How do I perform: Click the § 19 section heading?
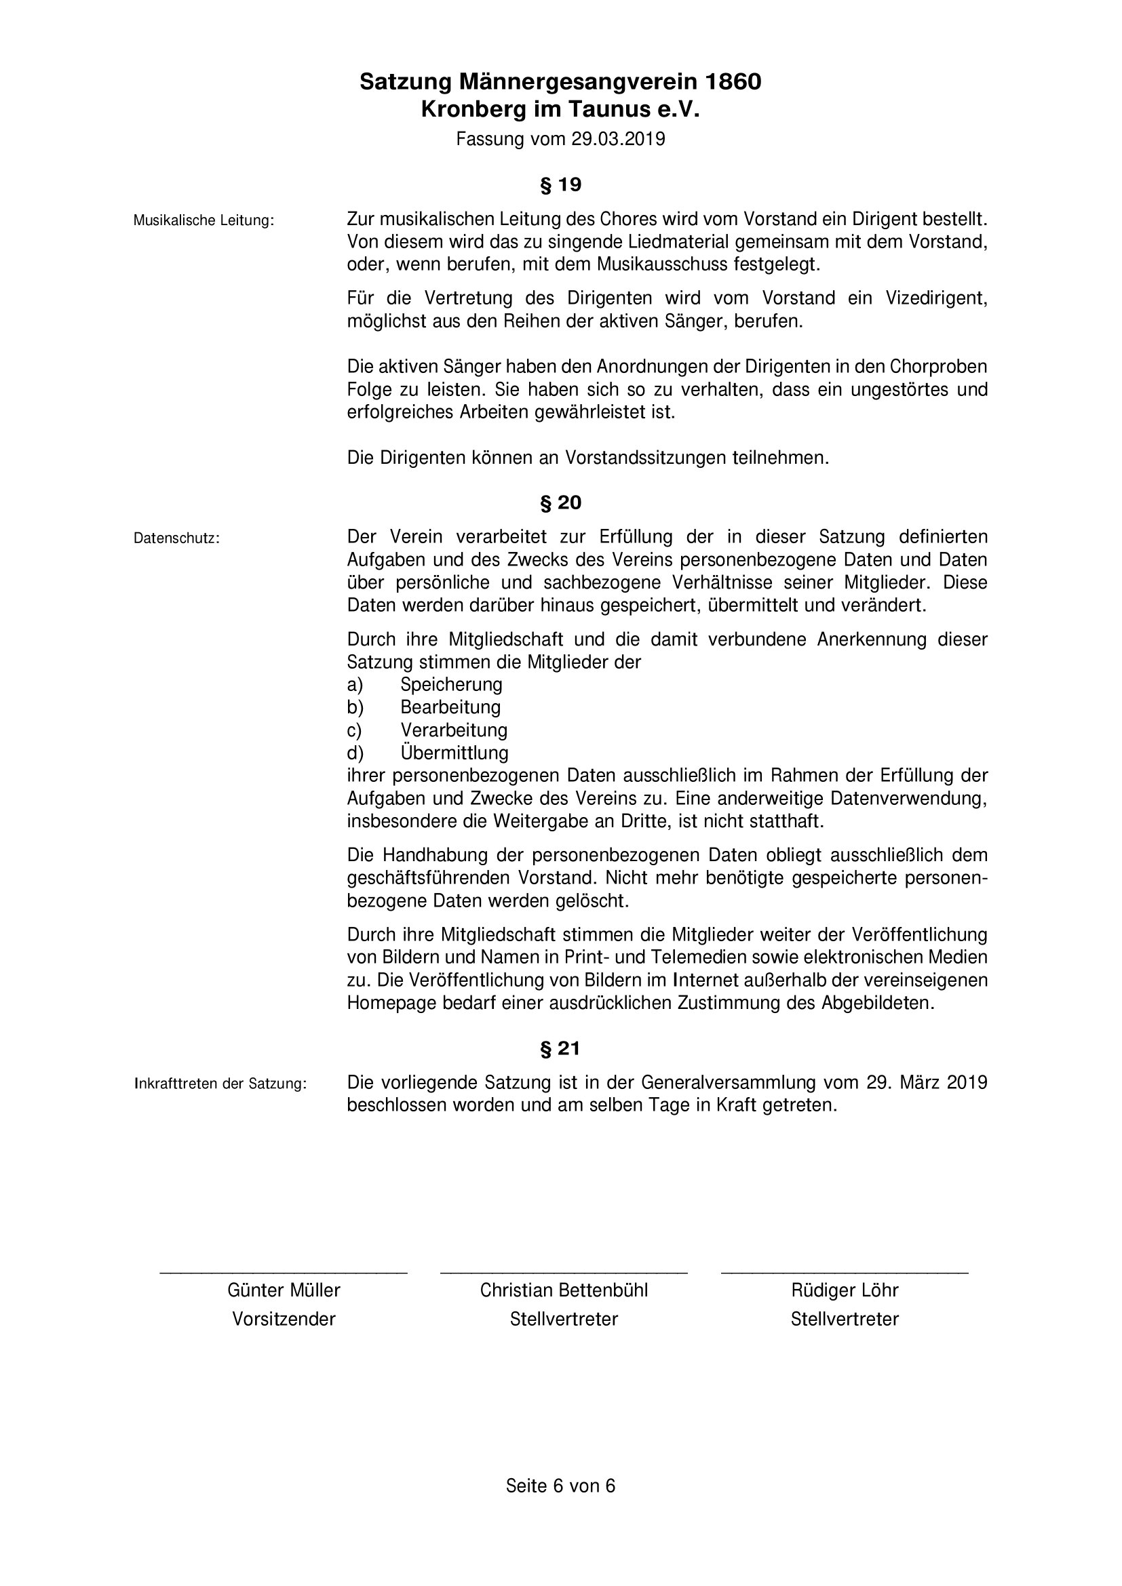coord(560,185)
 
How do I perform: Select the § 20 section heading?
coord(560,503)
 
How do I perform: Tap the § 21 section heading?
coord(560,1048)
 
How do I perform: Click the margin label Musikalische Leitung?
coord(204,221)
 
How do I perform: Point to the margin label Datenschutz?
coord(177,538)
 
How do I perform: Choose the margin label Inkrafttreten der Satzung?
coord(220,1084)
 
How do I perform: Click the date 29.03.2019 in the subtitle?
coord(618,140)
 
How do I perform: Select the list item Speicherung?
coord(451,685)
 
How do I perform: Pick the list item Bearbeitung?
coord(450,707)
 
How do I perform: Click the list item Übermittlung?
coord(454,752)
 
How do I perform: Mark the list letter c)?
coord(354,730)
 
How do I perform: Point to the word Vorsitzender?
coord(284,1319)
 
